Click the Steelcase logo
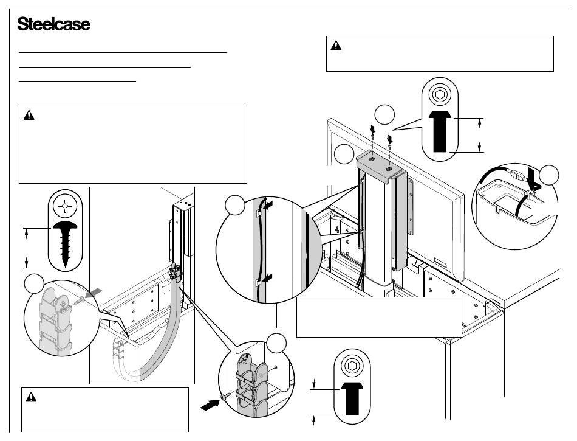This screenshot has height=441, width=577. [54, 25]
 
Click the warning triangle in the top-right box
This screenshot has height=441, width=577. [336, 46]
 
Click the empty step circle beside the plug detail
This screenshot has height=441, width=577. [550, 175]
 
